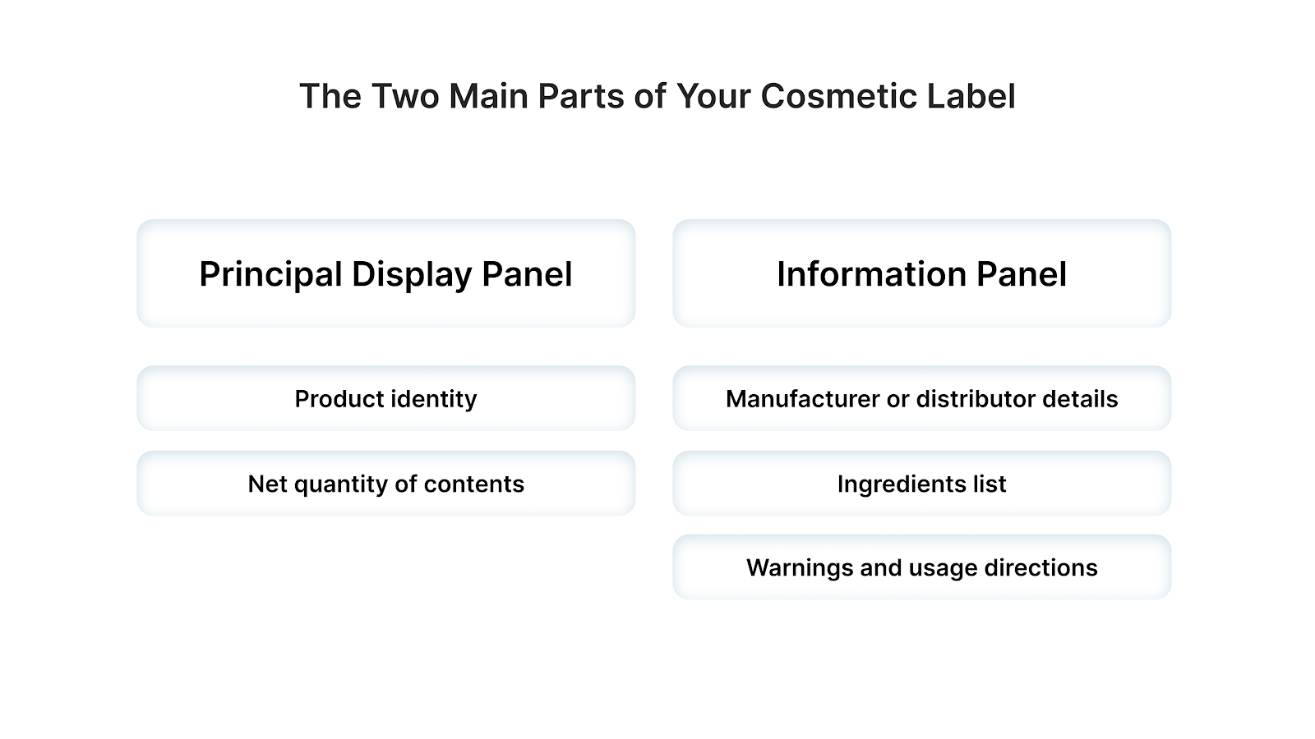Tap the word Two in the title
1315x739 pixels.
405,96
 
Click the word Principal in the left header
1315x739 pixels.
270,275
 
